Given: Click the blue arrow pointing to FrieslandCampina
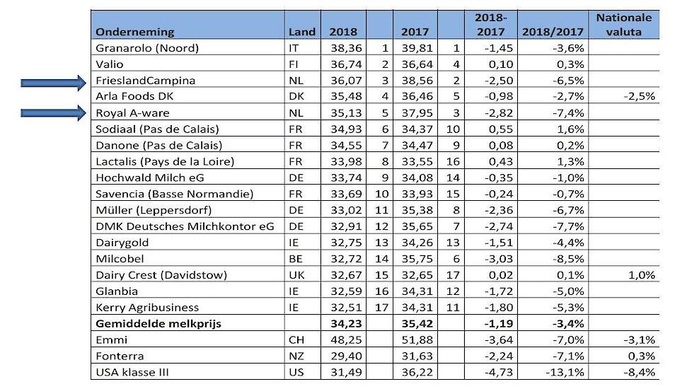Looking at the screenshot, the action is click(x=53, y=83).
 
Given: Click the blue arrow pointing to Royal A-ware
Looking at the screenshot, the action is click(x=53, y=113).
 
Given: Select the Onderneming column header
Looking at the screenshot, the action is click(x=135, y=32).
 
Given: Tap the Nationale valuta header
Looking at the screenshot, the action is click(x=623, y=25).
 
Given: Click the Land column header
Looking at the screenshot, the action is click(x=302, y=32).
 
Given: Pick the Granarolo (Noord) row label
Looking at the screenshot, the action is click(x=147, y=48).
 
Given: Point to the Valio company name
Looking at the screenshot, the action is click(x=110, y=64).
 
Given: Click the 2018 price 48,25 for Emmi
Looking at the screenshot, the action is click(x=346, y=340).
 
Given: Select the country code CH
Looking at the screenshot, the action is click(x=296, y=340).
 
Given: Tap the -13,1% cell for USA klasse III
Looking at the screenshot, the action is click(x=565, y=373).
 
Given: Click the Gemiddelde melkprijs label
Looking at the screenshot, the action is click(x=158, y=324).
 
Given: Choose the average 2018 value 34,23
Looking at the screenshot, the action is click(x=346, y=324).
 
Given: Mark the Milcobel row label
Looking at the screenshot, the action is click(x=120, y=259).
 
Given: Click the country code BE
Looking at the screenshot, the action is click(x=296, y=259).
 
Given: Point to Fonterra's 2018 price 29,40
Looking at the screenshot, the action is click(x=346, y=356).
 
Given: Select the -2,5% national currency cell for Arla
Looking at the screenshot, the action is click(x=639, y=97).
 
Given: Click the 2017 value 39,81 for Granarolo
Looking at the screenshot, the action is click(x=417, y=48).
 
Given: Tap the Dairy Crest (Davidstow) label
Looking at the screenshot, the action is click(x=161, y=275).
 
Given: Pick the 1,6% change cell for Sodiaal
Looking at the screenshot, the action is click(x=570, y=129).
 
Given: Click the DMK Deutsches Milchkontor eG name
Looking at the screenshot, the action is click(x=185, y=227).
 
